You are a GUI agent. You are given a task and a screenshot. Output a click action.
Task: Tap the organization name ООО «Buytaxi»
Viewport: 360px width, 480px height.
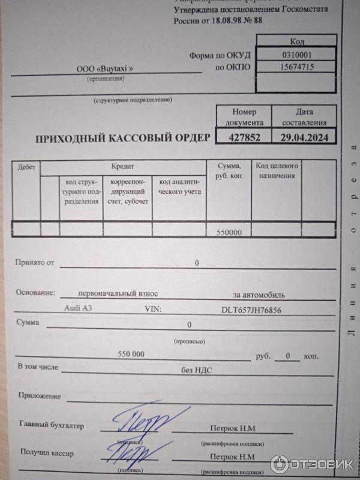104,69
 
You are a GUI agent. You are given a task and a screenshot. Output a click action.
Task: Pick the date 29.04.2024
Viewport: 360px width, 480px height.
304,137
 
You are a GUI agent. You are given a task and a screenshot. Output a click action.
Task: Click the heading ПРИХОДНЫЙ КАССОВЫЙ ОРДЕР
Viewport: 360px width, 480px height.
123,138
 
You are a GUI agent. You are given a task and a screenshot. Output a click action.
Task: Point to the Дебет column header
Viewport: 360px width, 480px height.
26,166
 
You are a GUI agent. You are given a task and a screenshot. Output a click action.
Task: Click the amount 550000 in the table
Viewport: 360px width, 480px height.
229,232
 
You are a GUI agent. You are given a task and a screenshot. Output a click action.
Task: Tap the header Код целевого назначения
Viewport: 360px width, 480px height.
277,170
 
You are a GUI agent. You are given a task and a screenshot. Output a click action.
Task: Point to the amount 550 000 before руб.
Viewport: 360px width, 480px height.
132,354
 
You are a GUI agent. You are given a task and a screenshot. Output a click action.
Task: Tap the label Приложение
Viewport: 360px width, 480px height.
40,396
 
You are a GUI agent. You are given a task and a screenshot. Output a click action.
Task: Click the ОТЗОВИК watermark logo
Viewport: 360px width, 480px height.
313,464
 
